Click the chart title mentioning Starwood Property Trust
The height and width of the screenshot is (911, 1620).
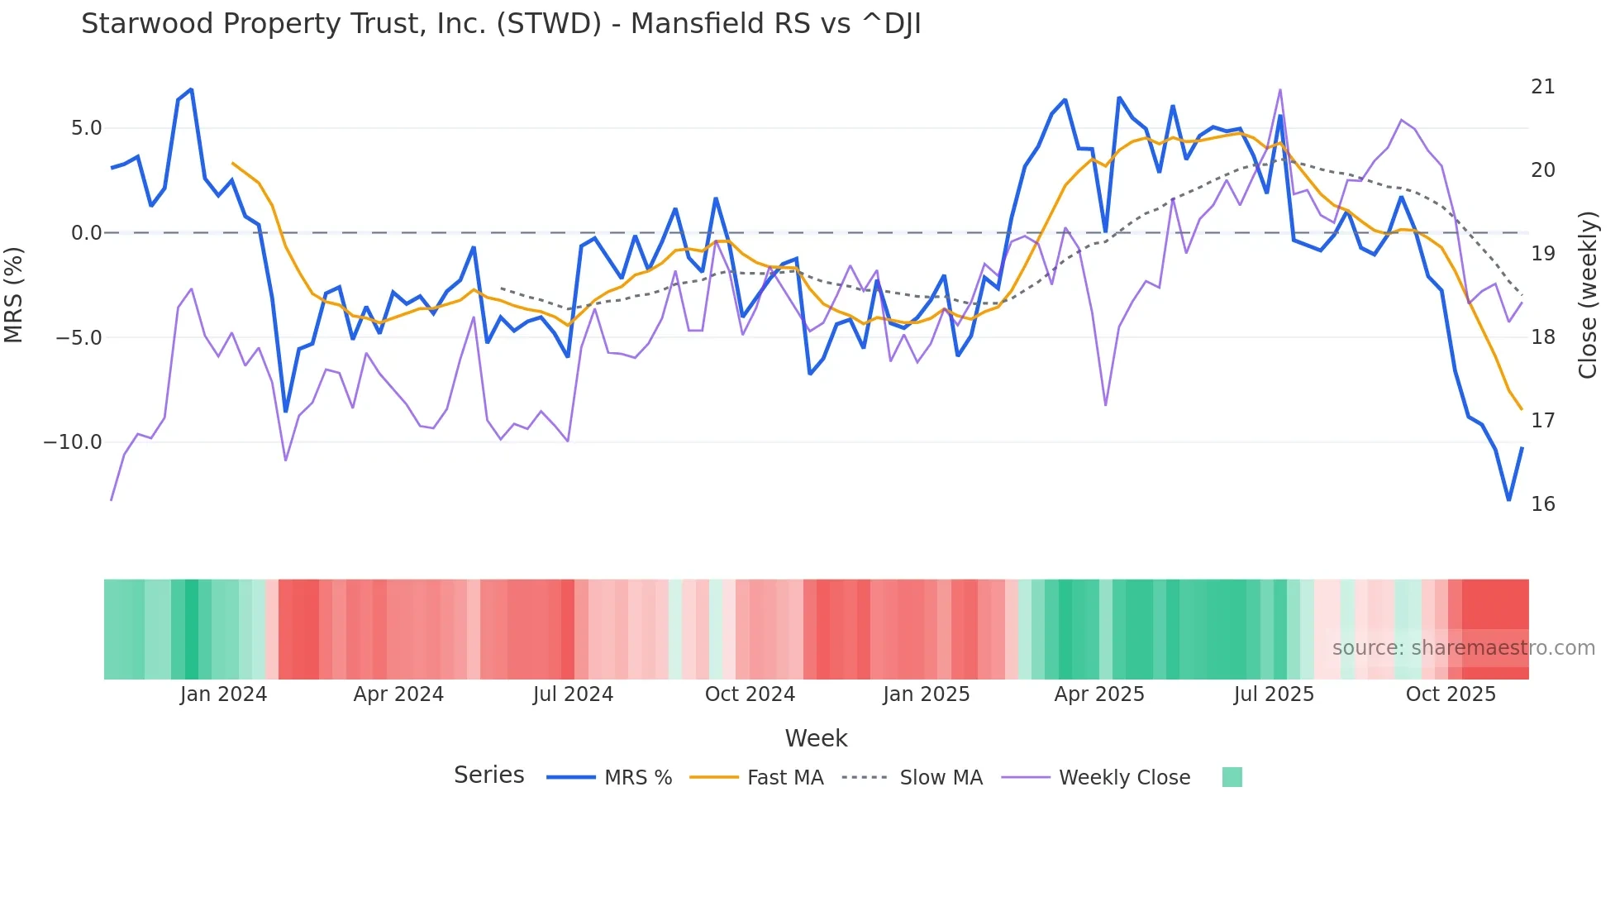(x=501, y=24)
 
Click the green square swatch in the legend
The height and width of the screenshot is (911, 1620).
(x=1232, y=777)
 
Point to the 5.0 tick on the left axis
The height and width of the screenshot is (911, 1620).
(x=86, y=128)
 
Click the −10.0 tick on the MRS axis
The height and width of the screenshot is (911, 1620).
(x=73, y=442)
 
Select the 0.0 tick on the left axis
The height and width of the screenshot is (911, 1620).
(x=86, y=233)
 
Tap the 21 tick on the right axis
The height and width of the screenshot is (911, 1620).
(x=1542, y=87)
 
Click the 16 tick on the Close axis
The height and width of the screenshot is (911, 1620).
(x=1542, y=504)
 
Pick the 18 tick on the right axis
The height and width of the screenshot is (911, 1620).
(x=1542, y=337)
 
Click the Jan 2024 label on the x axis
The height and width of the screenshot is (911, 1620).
(x=223, y=694)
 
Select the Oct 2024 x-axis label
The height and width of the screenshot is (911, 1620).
(x=750, y=694)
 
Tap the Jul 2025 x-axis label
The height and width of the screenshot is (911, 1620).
(x=1274, y=694)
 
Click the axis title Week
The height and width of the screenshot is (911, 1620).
(x=816, y=738)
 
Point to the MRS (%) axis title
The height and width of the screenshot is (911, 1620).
(x=14, y=294)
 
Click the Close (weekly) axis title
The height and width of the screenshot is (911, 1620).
(x=1587, y=295)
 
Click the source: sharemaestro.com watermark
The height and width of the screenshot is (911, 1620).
(x=1463, y=648)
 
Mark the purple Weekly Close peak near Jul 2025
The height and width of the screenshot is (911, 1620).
(x=1279, y=90)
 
